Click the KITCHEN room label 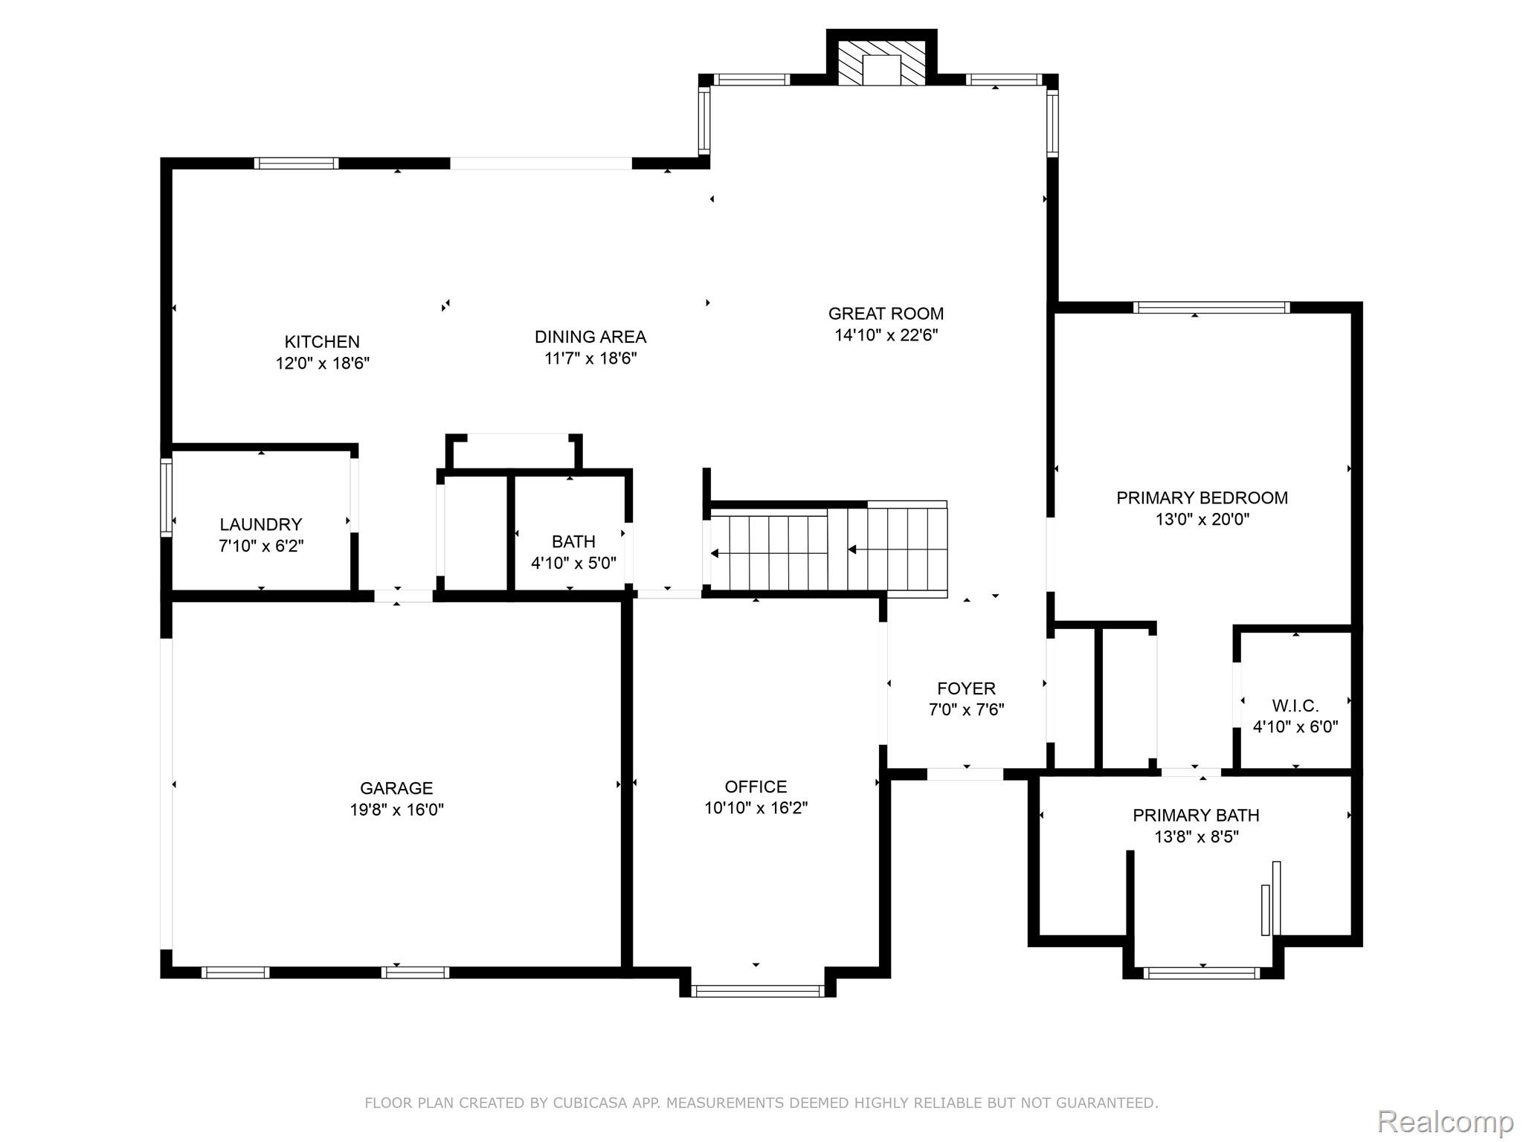pyautogui.click(x=322, y=342)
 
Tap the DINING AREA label pyautogui.click(x=590, y=337)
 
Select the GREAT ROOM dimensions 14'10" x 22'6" pyautogui.click(x=886, y=335)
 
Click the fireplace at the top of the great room pyautogui.click(x=881, y=63)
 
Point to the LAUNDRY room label pyautogui.click(x=260, y=524)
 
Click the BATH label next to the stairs pyautogui.click(x=573, y=541)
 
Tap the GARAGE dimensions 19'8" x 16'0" pyautogui.click(x=396, y=810)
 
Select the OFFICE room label pyautogui.click(x=756, y=787)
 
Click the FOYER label pyautogui.click(x=966, y=688)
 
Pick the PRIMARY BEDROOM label pyautogui.click(x=1202, y=498)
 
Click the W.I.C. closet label pyautogui.click(x=1295, y=706)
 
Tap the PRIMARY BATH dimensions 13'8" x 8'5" pyautogui.click(x=1196, y=837)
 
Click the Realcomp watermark pyautogui.click(x=1445, y=1122)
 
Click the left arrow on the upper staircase pyautogui.click(x=853, y=550)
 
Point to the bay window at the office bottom pyautogui.click(x=757, y=990)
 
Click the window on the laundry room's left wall pyautogui.click(x=167, y=497)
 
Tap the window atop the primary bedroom pyautogui.click(x=1211, y=307)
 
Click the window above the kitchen pyautogui.click(x=296, y=164)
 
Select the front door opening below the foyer pyautogui.click(x=965, y=774)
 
